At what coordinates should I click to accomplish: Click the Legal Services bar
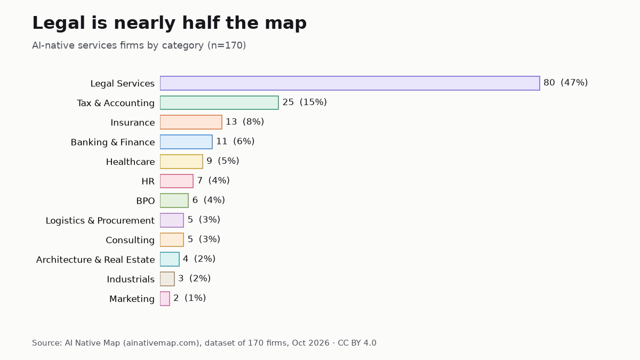pos(350,83)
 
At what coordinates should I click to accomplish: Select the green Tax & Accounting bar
pos(219,102)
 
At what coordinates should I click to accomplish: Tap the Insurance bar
pos(191,122)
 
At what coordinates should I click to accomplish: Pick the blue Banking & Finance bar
pos(186,142)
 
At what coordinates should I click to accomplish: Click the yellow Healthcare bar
pos(181,162)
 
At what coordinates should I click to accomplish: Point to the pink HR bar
pos(177,181)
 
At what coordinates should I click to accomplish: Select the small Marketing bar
pos(165,299)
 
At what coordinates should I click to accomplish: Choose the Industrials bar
pos(167,279)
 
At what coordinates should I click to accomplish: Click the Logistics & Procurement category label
pos(100,221)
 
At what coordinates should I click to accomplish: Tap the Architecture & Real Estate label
pos(95,260)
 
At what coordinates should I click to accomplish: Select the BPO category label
pos(146,201)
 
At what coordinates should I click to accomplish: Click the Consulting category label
pos(130,240)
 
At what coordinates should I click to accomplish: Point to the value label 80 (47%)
pos(565,83)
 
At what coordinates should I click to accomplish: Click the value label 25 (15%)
pos(305,102)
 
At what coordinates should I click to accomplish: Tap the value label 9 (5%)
pos(223,161)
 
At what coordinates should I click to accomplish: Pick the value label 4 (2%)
pos(199,259)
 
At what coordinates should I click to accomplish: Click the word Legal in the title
pos(59,23)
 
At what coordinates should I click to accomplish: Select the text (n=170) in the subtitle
pos(227,45)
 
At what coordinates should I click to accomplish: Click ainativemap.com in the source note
pos(161,343)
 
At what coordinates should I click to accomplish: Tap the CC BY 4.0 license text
pos(357,343)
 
